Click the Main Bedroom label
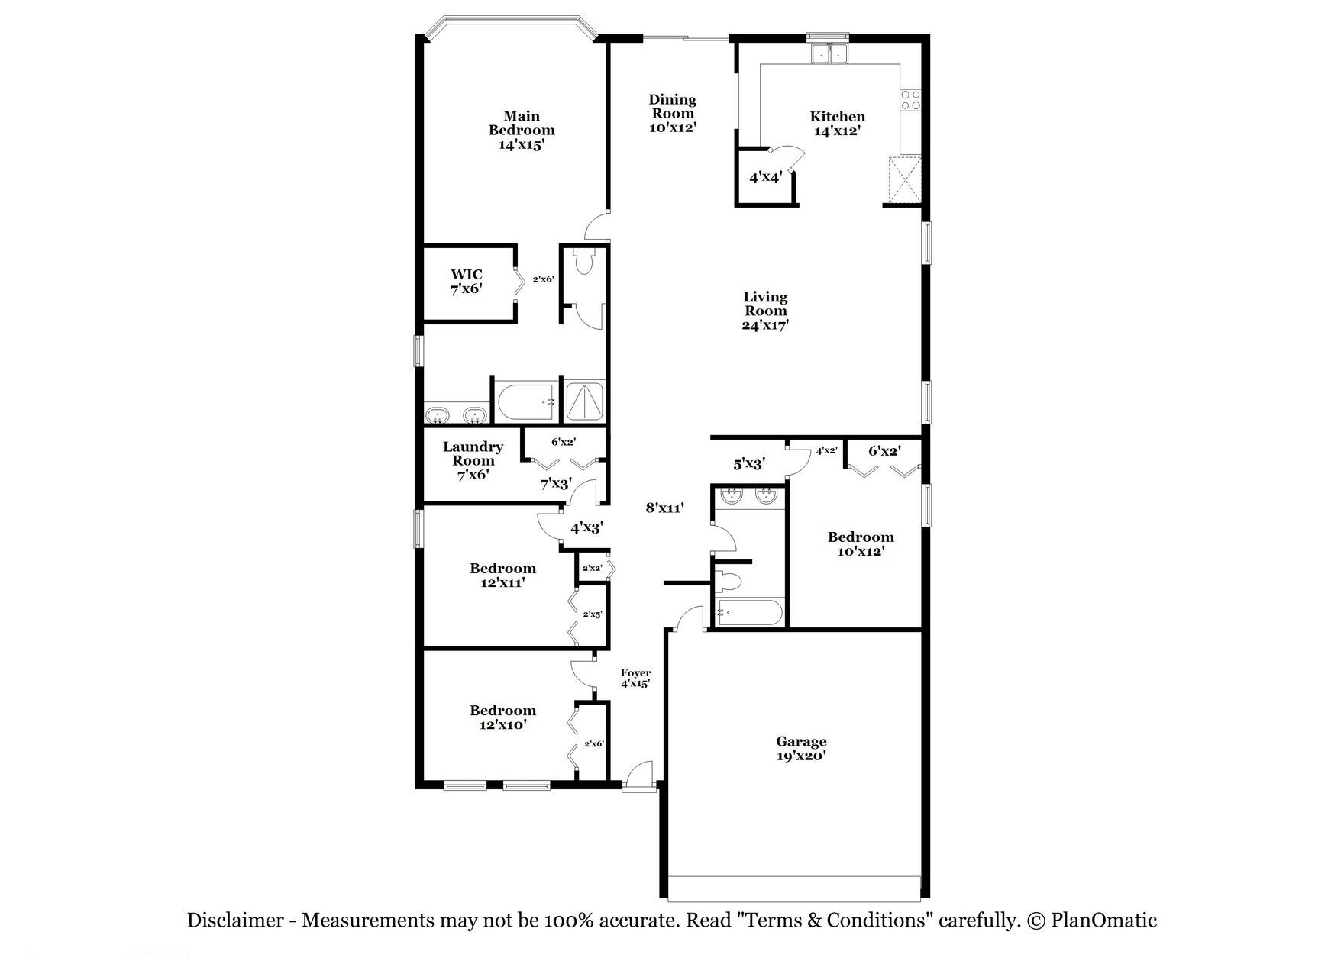coord(522,130)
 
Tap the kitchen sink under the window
coord(829,53)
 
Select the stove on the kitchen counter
coord(911,100)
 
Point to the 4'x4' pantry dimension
coord(765,177)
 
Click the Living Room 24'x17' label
coord(765,311)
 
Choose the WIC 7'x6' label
coord(467,281)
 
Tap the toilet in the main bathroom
coord(585,263)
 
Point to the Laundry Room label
coord(473,460)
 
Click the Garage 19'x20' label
coord(801,748)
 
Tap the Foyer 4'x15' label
coord(635,678)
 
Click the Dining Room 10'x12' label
coord(672,113)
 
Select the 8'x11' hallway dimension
coord(664,507)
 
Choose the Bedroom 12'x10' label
coord(502,717)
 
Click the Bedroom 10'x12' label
coord(861,543)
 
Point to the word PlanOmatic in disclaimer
coord(1103,921)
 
